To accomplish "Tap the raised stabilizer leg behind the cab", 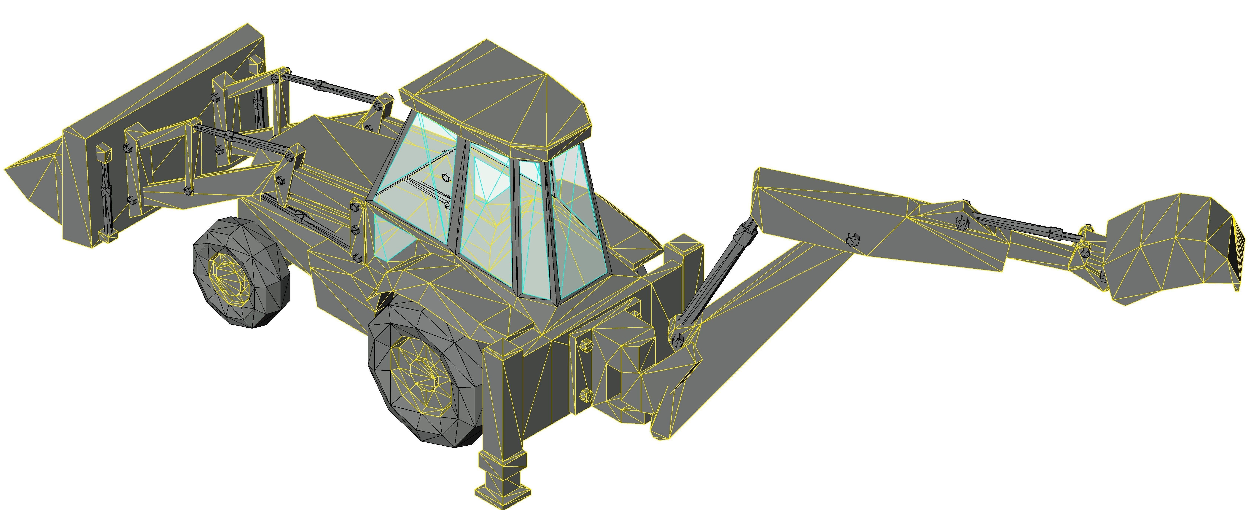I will (684, 272).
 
